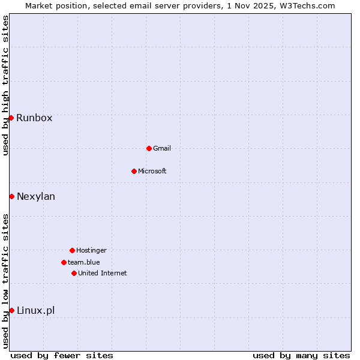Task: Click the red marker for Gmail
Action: pos(149,148)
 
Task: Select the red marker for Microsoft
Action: pos(134,171)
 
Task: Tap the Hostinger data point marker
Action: pos(72,250)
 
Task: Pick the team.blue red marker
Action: pos(64,262)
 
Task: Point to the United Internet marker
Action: pos(74,273)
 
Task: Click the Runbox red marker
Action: pos(11,118)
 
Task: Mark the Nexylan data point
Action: pos(11,196)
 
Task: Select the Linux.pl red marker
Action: pos(11,310)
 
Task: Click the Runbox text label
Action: pos(34,118)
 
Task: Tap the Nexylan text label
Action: pos(36,197)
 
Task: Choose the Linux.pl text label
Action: pos(35,310)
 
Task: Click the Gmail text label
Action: pos(162,148)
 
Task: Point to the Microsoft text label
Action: pos(152,171)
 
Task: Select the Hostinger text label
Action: pos(91,250)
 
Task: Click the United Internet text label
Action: pos(103,273)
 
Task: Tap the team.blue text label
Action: pos(84,262)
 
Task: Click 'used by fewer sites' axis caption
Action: pos(62,355)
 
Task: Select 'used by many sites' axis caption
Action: pos(301,355)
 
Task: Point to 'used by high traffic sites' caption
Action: pos(5,85)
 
